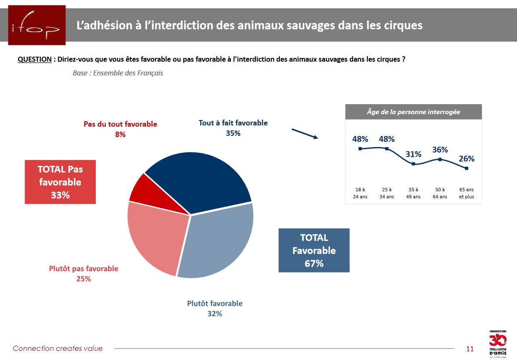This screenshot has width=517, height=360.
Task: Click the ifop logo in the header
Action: click(x=37, y=25)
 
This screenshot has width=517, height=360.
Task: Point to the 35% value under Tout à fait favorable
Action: click(x=233, y=133)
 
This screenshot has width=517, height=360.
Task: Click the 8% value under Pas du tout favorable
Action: click(x=120, y=134)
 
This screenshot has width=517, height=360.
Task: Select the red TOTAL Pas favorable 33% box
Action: click(x=60, y=182)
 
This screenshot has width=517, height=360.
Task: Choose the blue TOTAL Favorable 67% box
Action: click(x=314, y=250)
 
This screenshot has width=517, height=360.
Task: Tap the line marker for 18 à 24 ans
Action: click(x=360, y=149)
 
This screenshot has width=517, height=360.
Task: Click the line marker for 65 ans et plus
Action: click(x=467, y=168)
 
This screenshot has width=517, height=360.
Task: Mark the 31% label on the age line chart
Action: click(x=413, y=154)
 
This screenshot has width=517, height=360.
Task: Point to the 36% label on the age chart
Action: click(x=440, y=150)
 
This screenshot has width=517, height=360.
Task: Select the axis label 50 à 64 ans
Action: click(x=440, y=193)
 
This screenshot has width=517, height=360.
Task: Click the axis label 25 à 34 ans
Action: click(x=386, y=193)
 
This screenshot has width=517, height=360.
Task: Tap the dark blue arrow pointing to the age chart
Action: click(x=305, y=134)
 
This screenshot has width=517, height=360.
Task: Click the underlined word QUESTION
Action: click(x=35, y=59)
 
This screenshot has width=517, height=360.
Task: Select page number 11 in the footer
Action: click(x=470, y=349)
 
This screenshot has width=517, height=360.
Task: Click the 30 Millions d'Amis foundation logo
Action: click(x=498, y=344)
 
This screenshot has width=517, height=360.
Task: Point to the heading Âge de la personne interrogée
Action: click(x=413, y=112)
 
